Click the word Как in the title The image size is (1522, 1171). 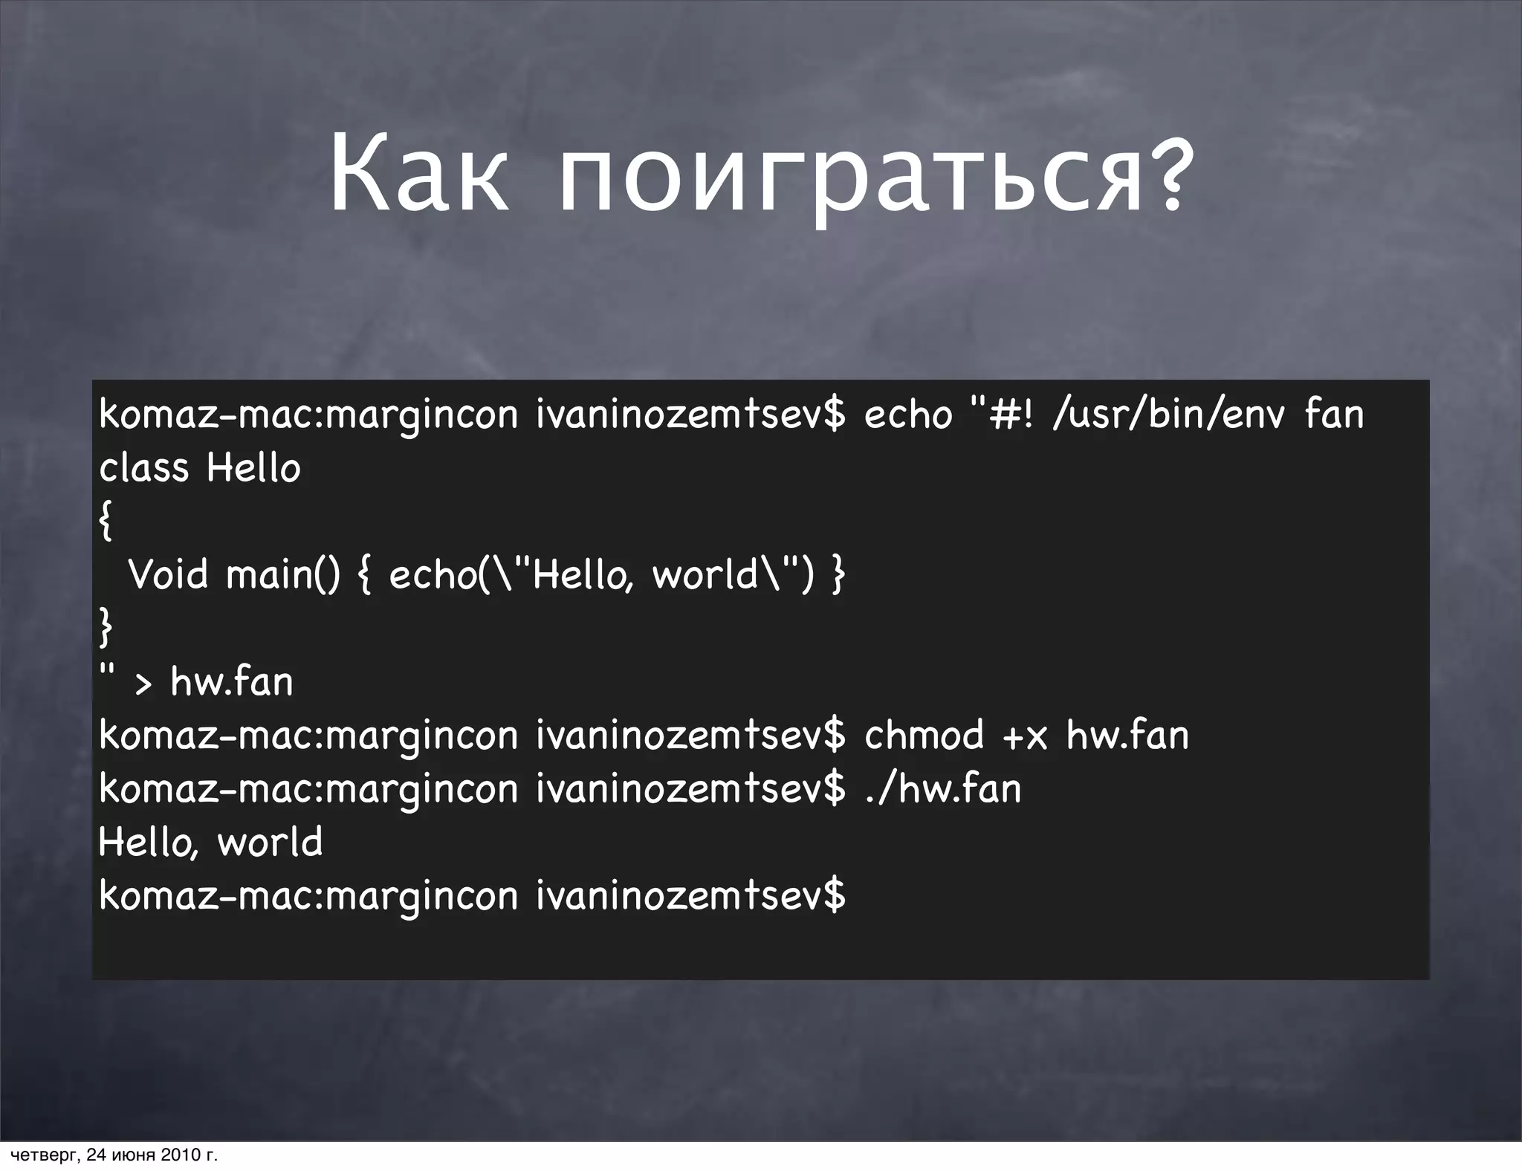(418, 175)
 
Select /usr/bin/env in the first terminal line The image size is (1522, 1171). (1168, 415)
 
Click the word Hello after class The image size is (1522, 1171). (253, 468)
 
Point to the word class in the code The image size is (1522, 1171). (143, 468)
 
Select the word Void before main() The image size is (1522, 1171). (169, 574)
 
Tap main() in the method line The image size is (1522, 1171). (283, 575)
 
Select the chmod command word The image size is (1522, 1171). (924, 735)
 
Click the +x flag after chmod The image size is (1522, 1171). (1025, 736)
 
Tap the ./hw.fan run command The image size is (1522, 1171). (942, 788)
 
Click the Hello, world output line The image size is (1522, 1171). (210, 843)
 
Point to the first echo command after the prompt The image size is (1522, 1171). (907, 415)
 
